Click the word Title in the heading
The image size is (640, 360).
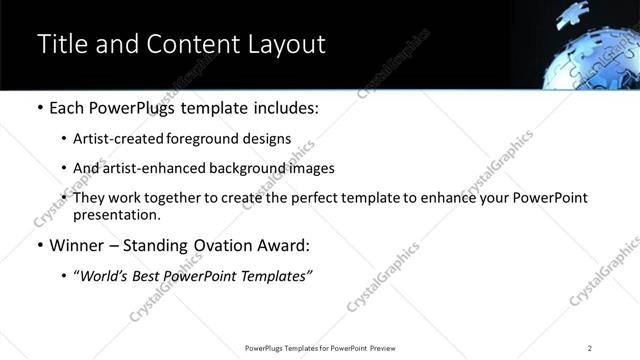pos(62,45)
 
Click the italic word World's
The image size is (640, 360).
pos(103,276)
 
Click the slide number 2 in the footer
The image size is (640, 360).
pos(590,348)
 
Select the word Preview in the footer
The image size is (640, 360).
pos(383,348)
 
